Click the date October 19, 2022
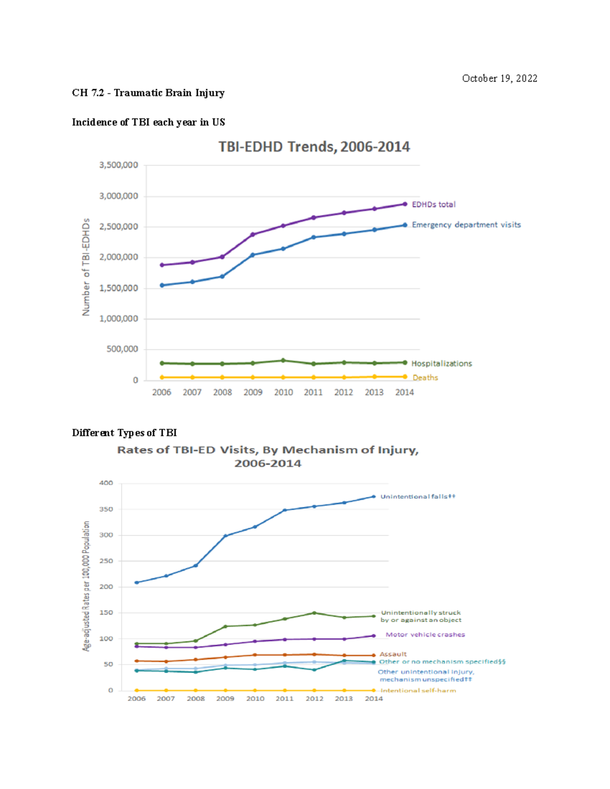point(499,78)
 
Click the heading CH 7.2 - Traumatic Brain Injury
point(148,92)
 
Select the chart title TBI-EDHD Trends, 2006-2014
point(314,147)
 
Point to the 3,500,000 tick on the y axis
point(118,165)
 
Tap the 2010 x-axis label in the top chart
point(283,392)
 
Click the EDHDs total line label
point(434,204)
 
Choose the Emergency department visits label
point(466,225)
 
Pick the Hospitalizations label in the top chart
point(441,363)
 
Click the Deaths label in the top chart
point(425,377)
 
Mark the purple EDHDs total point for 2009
point(253,235)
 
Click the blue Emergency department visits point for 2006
point(162,286)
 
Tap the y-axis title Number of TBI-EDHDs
point(86,267)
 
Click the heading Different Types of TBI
point(125,433)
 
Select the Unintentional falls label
point(418,496)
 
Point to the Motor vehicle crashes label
point(425,635)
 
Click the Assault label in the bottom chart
point(393,654)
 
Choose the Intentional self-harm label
point(418,690)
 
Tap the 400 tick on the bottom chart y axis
point(106,483)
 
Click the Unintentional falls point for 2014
point(374,496)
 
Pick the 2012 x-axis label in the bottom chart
point(314,699)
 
